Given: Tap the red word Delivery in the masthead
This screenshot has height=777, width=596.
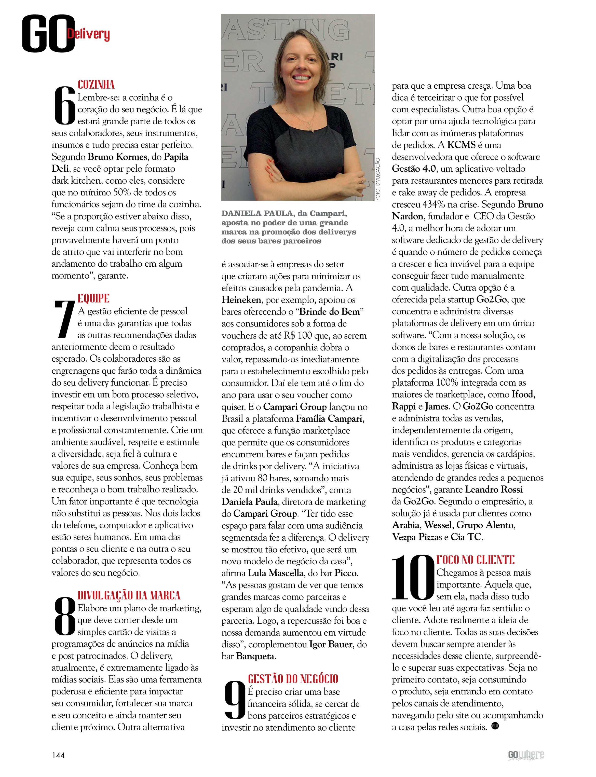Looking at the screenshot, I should pyautogui.click(x=88, y=34).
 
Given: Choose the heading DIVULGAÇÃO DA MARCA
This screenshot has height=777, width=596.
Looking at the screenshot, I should pyautogui.click(x=129, y=595).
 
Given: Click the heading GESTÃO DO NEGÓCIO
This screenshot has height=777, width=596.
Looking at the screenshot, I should pyautogui.click(x=293, y=679).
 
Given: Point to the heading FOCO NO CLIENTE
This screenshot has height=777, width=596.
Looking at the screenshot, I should pyautogui.click(x=475, y=560).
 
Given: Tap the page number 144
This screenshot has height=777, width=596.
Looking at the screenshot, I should pyautogui.click(x=58, y=755).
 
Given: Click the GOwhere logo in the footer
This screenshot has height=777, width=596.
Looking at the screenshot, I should pyautogui.click(x=526, y=755).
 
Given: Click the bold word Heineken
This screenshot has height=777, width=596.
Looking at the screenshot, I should pyautogui.click(x=241, y=300).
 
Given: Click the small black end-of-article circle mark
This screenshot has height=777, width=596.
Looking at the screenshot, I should pyautogui.click(x=495, y=726).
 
